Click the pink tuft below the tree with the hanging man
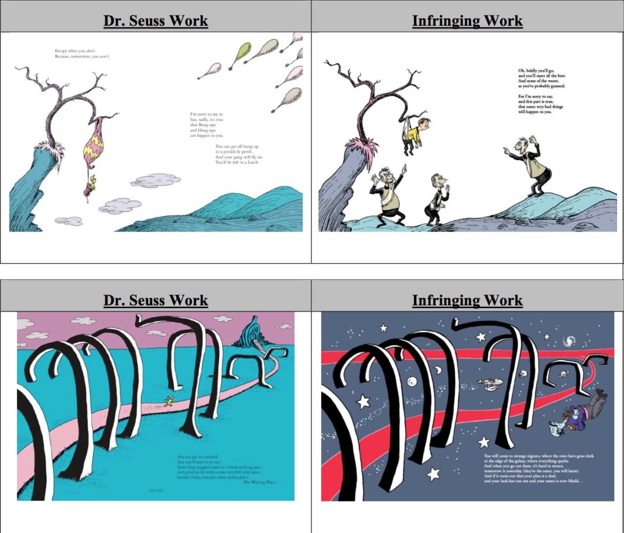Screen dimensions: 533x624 pos(363,144)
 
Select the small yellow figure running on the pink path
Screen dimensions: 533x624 pos(169,401)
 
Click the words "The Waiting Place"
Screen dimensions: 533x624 pos(261,482)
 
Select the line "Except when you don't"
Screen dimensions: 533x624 pos(75,51)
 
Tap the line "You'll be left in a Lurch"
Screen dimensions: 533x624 pos(237,162)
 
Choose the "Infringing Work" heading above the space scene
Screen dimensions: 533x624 pos(467,300)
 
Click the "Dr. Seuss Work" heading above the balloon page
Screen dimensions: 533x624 pos(155,21)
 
